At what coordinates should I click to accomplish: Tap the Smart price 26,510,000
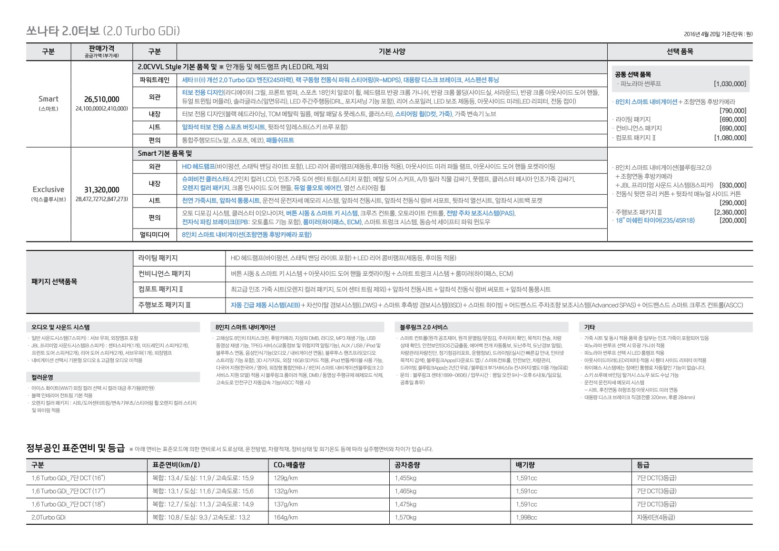(x=101, y=99)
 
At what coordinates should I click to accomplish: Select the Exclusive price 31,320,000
(x=101, y=190)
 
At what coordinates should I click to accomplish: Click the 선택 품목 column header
(x=680, y=51)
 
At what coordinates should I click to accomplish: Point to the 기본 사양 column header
(x=392, y=51)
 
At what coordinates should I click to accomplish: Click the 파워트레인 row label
(x=154, y=80)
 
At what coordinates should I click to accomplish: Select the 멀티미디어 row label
(x=154, y=235)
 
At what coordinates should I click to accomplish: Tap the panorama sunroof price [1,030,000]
(x=730, y=84)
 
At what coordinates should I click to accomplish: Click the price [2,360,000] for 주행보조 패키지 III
(x=730, y=212)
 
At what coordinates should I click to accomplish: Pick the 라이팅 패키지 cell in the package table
(x=158, y=258)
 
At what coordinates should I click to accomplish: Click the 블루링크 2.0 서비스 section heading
(x=424, y=328)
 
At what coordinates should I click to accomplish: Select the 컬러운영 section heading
(x=42, y=377)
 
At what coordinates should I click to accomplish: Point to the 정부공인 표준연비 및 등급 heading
(x=75, y=449)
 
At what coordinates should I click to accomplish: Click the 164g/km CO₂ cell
(x=286, y=517)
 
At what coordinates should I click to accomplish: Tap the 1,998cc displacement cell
(x=526, y=517)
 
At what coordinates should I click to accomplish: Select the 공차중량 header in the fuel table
(x=407, y=465)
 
